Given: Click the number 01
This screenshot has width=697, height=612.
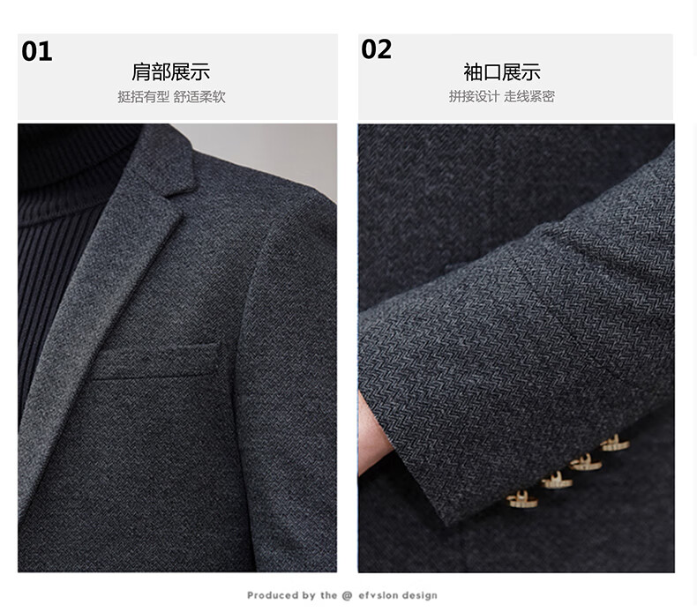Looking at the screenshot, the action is point(37,51).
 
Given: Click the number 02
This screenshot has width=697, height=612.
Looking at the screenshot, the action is point(377,49).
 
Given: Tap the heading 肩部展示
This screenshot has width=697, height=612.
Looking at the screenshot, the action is point(170,72).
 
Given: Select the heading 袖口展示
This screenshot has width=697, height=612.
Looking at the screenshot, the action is point(502,72).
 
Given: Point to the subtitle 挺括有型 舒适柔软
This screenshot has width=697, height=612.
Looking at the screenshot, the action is point(171,96).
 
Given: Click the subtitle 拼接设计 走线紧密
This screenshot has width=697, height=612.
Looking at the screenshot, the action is point(501,96).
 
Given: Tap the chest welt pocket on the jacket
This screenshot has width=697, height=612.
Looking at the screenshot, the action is point(154,361).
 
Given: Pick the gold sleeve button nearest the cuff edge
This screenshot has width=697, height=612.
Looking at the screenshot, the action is point(521,499).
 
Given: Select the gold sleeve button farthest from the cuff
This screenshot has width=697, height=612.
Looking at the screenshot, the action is point(615,444).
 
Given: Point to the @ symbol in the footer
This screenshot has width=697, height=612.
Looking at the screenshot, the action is point(347,595).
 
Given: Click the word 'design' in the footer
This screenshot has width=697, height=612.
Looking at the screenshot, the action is point(417,596).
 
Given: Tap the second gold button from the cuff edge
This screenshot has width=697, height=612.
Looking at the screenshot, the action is point(557,481).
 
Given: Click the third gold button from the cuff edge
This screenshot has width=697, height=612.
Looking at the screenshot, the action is point(586,462).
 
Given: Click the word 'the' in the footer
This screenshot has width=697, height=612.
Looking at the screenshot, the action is point(328,595).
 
